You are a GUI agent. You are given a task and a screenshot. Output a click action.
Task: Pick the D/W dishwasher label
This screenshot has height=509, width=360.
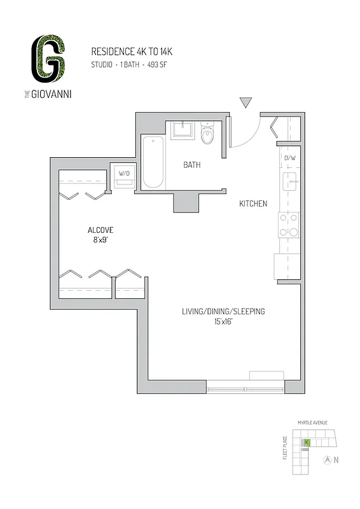click(290, 158)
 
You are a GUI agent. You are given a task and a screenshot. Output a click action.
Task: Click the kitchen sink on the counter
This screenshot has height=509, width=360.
click(291, 181)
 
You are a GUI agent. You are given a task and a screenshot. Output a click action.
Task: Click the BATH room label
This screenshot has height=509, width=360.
click(192, 165)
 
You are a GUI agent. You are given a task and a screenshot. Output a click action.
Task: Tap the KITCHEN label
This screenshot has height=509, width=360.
click(253, 204)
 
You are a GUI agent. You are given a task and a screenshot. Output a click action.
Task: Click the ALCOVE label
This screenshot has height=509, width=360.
click(100, 230)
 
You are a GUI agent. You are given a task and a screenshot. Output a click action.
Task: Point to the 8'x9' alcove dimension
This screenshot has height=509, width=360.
click(100, 241)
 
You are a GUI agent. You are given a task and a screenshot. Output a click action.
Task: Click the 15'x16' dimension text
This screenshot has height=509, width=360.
click(223, 322)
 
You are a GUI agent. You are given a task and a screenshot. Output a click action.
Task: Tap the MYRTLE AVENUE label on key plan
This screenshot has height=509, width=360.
click(312, 422)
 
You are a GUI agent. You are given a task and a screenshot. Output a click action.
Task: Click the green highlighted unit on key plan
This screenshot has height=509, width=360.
click(307, 442)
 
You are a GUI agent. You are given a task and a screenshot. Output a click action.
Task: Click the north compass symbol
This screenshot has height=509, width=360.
click(328, 459)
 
